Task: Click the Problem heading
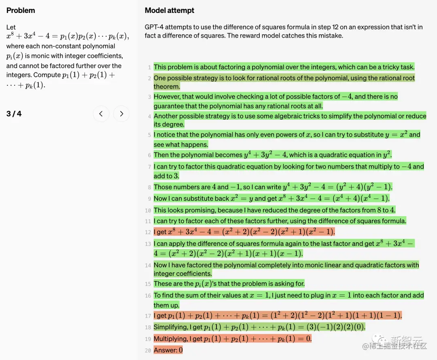click(21, 10)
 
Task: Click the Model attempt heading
click(170, 10)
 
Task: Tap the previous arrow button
click(101, 114)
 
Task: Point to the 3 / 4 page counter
click(14, 114)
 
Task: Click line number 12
click(148, 233)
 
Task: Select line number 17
click(148, 316)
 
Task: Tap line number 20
click(148, 350)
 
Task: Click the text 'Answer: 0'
click(168, 350)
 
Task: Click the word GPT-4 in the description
click(154, 27)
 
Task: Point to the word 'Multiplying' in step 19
click(170, 339)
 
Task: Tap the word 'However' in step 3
click(167, 97)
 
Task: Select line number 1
click(149, 68)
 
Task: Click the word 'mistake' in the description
click(330, 36)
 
